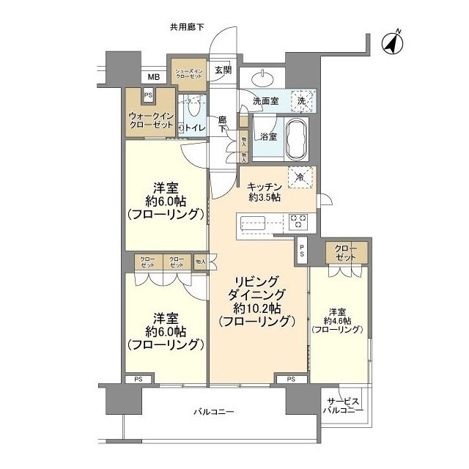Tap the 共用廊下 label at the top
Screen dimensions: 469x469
tap(187, 27)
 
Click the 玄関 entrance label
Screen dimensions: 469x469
tap(223, 70)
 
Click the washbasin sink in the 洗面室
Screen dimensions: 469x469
tap(263, 79)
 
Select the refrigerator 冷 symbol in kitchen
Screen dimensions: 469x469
tap(300, 176)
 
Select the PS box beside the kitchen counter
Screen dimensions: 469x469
tap(301, 250)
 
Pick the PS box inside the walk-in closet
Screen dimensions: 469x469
tap(148, 95)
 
